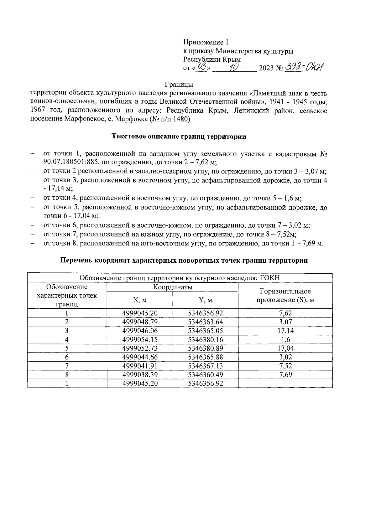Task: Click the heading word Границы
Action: (x=179, y=85)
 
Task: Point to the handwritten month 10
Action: (x=234, y=67)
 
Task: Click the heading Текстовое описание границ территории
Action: (x=179, y=137)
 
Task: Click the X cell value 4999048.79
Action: (x=140, y=322)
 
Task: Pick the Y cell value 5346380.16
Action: (x=205, y=339)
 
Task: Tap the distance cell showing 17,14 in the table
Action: (x=285, y=331)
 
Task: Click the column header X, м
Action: (x=140, y=300)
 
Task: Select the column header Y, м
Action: (x=205, y=300)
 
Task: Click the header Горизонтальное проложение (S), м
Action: (x=285, y=296)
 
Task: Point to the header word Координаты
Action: (x=173, y=287)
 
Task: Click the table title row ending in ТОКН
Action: (x=180, y=278)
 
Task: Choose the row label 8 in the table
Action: (x=67, y=374)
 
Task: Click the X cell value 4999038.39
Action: (x=140, y=374)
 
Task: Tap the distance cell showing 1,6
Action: (x=285, y=339)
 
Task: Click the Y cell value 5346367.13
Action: (x=205, y=366)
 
